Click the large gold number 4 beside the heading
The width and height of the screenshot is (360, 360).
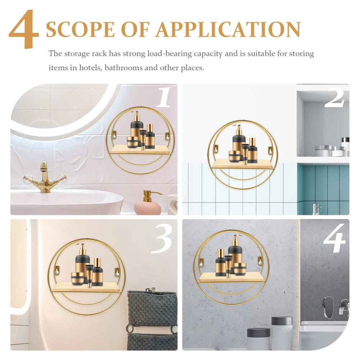[24, 29]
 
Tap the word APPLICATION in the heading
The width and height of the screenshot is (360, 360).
[229, 30]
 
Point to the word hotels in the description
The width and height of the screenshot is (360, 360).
[90, 68]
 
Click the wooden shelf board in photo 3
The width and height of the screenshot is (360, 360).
[87, 287]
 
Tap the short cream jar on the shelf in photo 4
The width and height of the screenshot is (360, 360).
[240, 269]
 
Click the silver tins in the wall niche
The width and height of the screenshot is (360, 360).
[330, 150]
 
